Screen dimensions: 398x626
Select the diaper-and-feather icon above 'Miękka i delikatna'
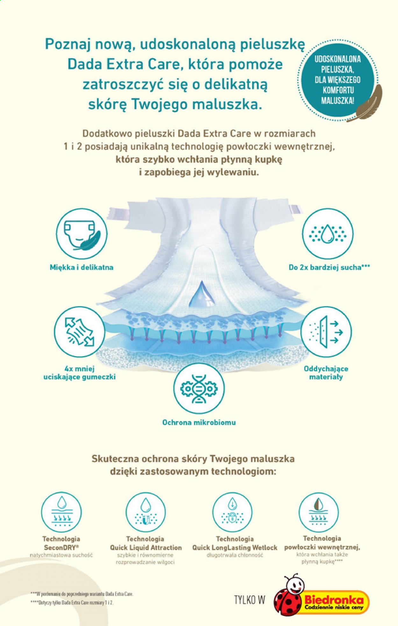pyautogui.click(x=82, y=234)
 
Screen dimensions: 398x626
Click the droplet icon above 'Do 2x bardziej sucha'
pyautogui.click(x=327, y=234)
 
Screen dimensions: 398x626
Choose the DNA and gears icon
pyautogui.click(x=199, y=388)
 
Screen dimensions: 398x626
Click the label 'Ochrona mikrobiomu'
pyautogui.click(x=199, y=423)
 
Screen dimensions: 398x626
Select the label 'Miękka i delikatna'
pyautogui.click(x=82, y=267)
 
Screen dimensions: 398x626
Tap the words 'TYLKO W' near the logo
pyautogui.click(x=250, y=600)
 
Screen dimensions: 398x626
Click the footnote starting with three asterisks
pyautogui.click(x=82, y=594)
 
